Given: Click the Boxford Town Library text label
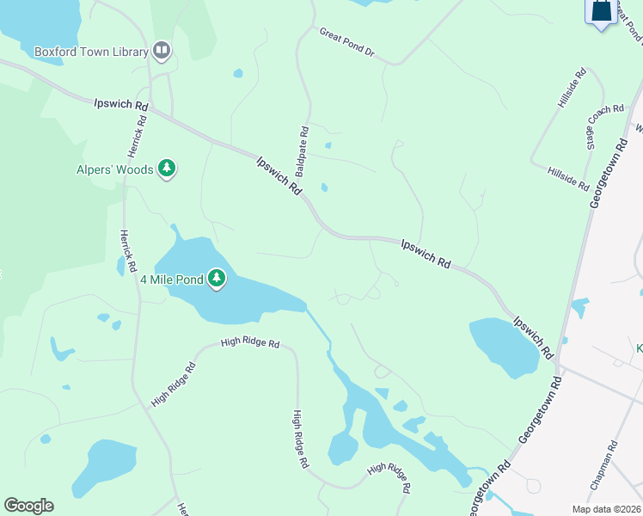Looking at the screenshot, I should click(92, 52).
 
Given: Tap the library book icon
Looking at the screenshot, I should click(162, 51).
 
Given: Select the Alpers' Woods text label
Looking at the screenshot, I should click(114, 169).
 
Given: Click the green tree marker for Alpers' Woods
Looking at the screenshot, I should click(168, 169).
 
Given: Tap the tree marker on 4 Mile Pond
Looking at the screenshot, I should click(217, 279).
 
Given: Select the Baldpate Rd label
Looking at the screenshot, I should click(304, 147).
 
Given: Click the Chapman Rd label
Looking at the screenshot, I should click(604, 465).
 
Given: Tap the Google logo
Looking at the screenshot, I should click(28, 506).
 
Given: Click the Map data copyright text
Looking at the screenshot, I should click(607, 509).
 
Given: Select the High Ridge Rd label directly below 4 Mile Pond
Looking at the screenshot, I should click(249, 343).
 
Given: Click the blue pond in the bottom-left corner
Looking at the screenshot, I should click(102, 466).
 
